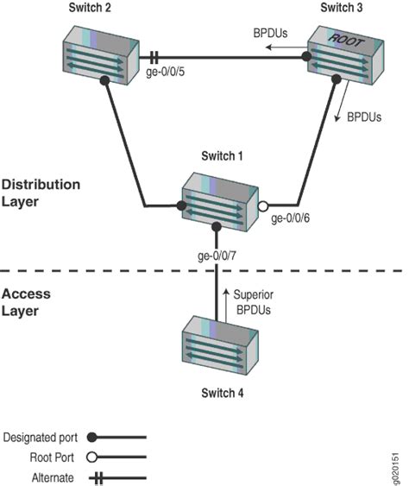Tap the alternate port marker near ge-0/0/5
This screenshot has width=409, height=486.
point(154,59)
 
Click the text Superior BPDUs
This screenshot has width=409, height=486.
point(254,301)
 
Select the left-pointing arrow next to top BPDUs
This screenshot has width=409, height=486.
point(277,49)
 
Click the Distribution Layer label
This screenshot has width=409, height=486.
point(41,193)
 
